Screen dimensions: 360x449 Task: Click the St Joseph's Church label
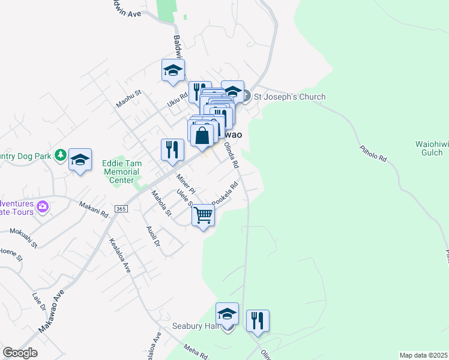point(289,97)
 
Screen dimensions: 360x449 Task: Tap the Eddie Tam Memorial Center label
point(121,167)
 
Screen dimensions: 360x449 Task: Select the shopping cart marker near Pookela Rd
point(203,215)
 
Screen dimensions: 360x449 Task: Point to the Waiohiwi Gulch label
point(429,148)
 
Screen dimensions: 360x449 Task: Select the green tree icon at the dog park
point(60,155)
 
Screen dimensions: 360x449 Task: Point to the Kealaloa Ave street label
point(120,256)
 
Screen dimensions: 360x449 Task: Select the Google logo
point(20,353)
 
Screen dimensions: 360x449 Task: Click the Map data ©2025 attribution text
point(423,355)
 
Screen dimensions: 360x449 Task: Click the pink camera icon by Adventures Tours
point(43,207)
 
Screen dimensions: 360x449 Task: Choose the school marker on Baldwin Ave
point(173,70)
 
